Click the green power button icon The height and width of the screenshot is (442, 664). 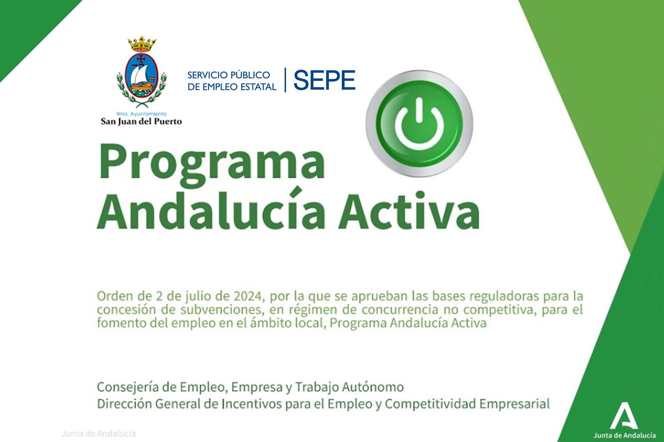(x=419, y=123)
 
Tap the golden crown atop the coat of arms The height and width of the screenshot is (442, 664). (x=142, y=45)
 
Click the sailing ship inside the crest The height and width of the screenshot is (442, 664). (x=142, y=78)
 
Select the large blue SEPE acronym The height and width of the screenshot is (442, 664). (x=324, y=80)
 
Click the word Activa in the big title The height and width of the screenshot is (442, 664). (x=409, y=211)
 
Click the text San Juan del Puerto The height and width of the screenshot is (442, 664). (x=141, y=121)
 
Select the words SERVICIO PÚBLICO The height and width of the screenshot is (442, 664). (x=229, y=75)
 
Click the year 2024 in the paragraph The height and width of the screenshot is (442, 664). (x=248, y=296)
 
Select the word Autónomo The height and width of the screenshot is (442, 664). (x=373, y=387)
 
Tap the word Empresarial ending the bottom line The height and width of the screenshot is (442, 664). (x=514, y=404)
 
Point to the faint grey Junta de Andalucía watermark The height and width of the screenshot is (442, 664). (x=99, y=434)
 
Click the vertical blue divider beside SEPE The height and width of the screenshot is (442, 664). (x=285, y=80)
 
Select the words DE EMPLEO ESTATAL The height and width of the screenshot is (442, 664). (x=232, y=87)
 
